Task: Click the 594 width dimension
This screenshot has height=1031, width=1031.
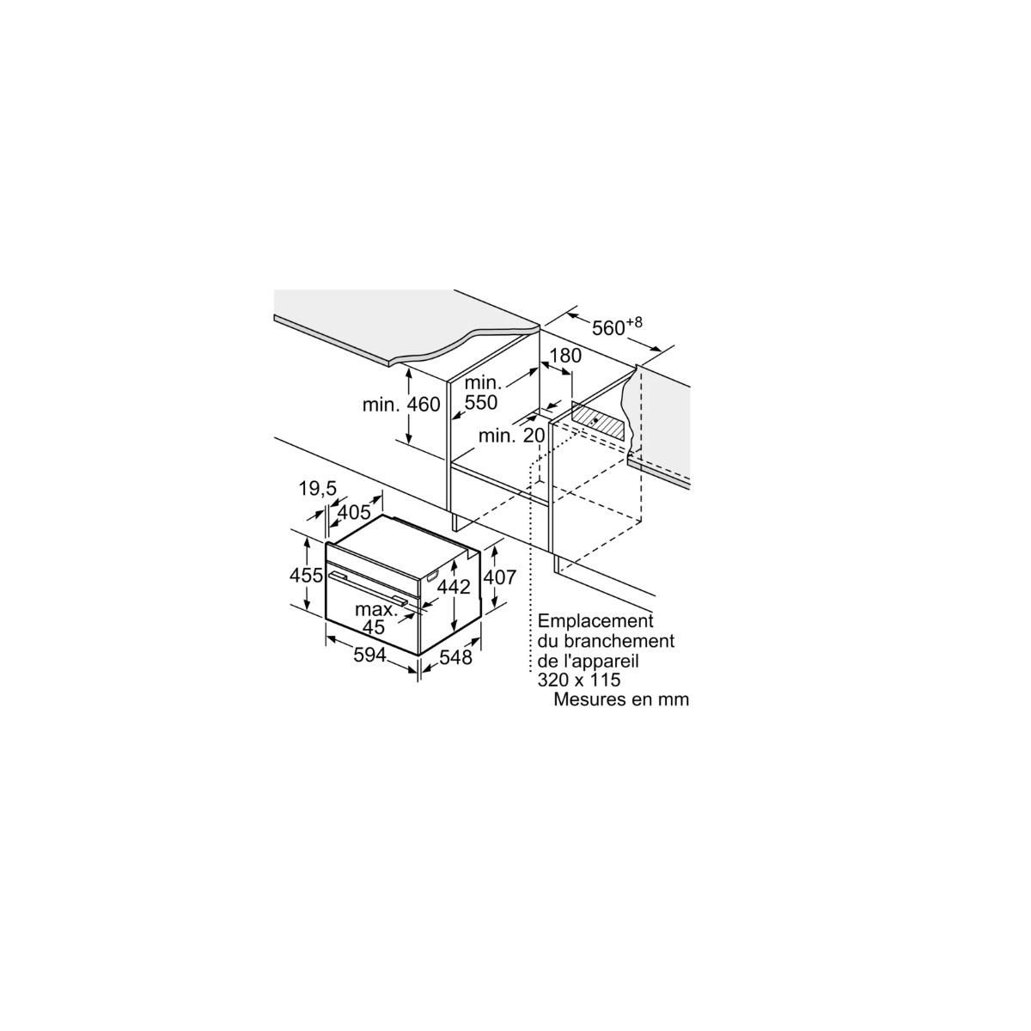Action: pos(369,655)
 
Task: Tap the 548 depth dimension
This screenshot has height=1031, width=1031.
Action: pos(455,657)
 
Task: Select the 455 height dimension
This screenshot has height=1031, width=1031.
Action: pos(306,576)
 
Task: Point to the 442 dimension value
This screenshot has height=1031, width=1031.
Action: pos(454,587)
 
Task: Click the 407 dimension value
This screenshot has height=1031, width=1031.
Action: pos(499,577)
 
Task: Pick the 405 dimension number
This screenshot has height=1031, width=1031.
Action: pos(354,513)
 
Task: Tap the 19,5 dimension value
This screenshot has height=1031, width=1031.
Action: pos(318,488)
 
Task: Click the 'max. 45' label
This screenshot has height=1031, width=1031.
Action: pos(376,618)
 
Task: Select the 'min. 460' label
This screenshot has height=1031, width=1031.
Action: pos(401,405)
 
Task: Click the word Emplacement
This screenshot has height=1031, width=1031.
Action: pos(595,621)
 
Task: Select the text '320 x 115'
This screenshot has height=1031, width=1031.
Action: pos(579,680)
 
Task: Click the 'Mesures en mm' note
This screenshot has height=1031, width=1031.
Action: pos(621,699)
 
